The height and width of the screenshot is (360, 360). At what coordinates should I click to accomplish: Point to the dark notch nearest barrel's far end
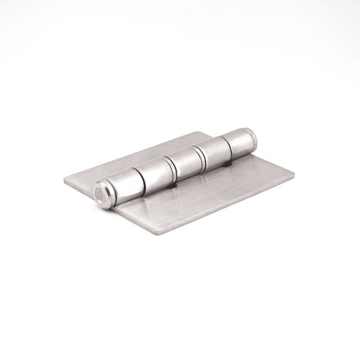228,165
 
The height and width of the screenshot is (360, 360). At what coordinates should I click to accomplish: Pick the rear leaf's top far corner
203,132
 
